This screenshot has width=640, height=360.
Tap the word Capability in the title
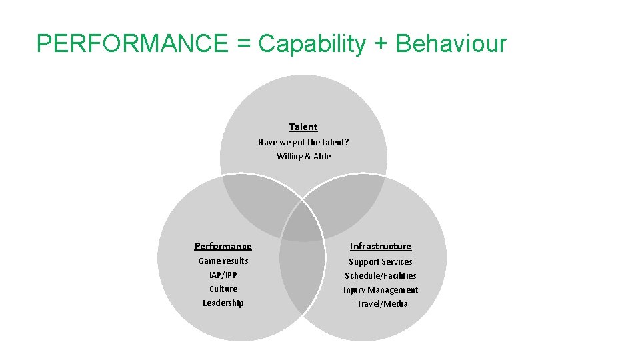coord(312,44)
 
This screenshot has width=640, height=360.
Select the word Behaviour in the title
coord(451,44)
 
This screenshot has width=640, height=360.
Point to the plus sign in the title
coord(381,45)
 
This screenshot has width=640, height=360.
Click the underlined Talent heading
coord(303,127)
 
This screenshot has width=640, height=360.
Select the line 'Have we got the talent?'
coord(303,142)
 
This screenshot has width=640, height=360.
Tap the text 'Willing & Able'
coord(303,156)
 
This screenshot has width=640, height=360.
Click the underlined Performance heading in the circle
coord(223,246)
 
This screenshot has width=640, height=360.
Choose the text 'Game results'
coord(223,261)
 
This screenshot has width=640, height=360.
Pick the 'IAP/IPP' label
coord(223,275)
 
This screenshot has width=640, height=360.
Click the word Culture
coord(223,289)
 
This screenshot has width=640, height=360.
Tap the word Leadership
coord(223,303)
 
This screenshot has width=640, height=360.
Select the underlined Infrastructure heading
coord(381,246)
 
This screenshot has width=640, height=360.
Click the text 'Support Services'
coord(381,261)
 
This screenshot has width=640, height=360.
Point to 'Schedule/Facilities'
coord(381,275)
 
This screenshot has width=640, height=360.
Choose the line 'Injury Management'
coord(381,289)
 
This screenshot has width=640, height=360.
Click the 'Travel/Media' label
coord(382,303)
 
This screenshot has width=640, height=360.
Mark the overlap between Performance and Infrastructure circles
coord(302,273)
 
